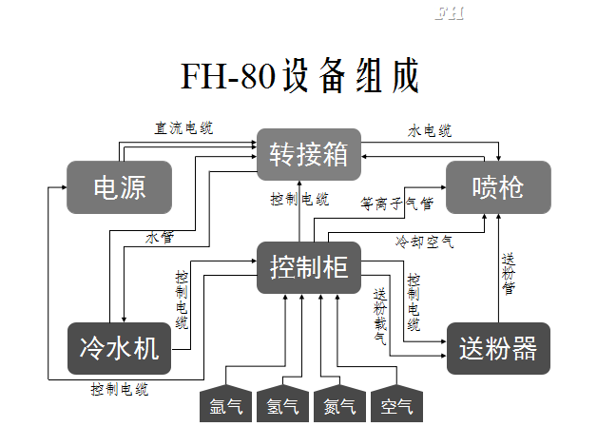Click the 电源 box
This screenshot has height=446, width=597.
119,186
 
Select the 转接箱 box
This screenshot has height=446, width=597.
309,154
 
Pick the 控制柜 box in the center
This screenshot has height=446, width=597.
309,267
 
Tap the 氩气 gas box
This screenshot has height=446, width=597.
225,406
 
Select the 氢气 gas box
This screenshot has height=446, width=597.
282,406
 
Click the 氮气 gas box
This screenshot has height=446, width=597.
339,406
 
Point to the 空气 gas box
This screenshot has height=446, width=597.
396,406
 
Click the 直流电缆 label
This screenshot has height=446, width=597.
183,126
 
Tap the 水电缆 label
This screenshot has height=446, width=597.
430,130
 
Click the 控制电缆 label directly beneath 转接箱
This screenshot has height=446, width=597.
299,199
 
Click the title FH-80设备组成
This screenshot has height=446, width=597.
298,76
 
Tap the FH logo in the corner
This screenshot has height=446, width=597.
449,14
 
